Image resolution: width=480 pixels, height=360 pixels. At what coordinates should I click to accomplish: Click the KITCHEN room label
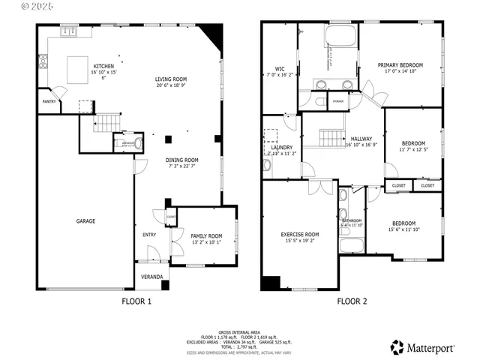pos(103,66)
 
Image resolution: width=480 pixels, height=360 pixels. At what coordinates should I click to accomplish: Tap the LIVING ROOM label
pos(171,79)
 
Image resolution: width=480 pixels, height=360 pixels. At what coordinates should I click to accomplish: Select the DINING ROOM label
pos(181,160)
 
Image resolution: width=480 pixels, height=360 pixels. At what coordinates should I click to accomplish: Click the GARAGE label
pos(85,221)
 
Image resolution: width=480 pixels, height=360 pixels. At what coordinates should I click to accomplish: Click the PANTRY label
pos(49,101)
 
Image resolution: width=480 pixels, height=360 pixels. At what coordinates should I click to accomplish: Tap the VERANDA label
pos(152,277)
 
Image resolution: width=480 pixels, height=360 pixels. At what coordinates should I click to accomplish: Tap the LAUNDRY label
pos(281,147)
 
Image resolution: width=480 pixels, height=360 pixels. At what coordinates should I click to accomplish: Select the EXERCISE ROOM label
pos(300,234)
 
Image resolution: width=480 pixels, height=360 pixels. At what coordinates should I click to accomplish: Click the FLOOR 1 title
pos(136,301)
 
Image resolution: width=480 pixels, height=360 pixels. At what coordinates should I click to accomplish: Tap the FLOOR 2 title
pos(352,301)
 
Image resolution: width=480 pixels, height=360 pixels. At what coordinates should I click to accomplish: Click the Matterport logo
pos(420,347)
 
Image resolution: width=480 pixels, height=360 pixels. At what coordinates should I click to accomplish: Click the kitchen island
pos(76,69)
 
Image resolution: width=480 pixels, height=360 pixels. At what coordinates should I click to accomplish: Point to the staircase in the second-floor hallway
pos(331,138)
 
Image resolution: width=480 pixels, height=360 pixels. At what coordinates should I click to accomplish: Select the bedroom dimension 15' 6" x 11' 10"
pos(404,229)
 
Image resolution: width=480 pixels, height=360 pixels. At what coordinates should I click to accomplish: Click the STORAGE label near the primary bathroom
pos(338,100)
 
